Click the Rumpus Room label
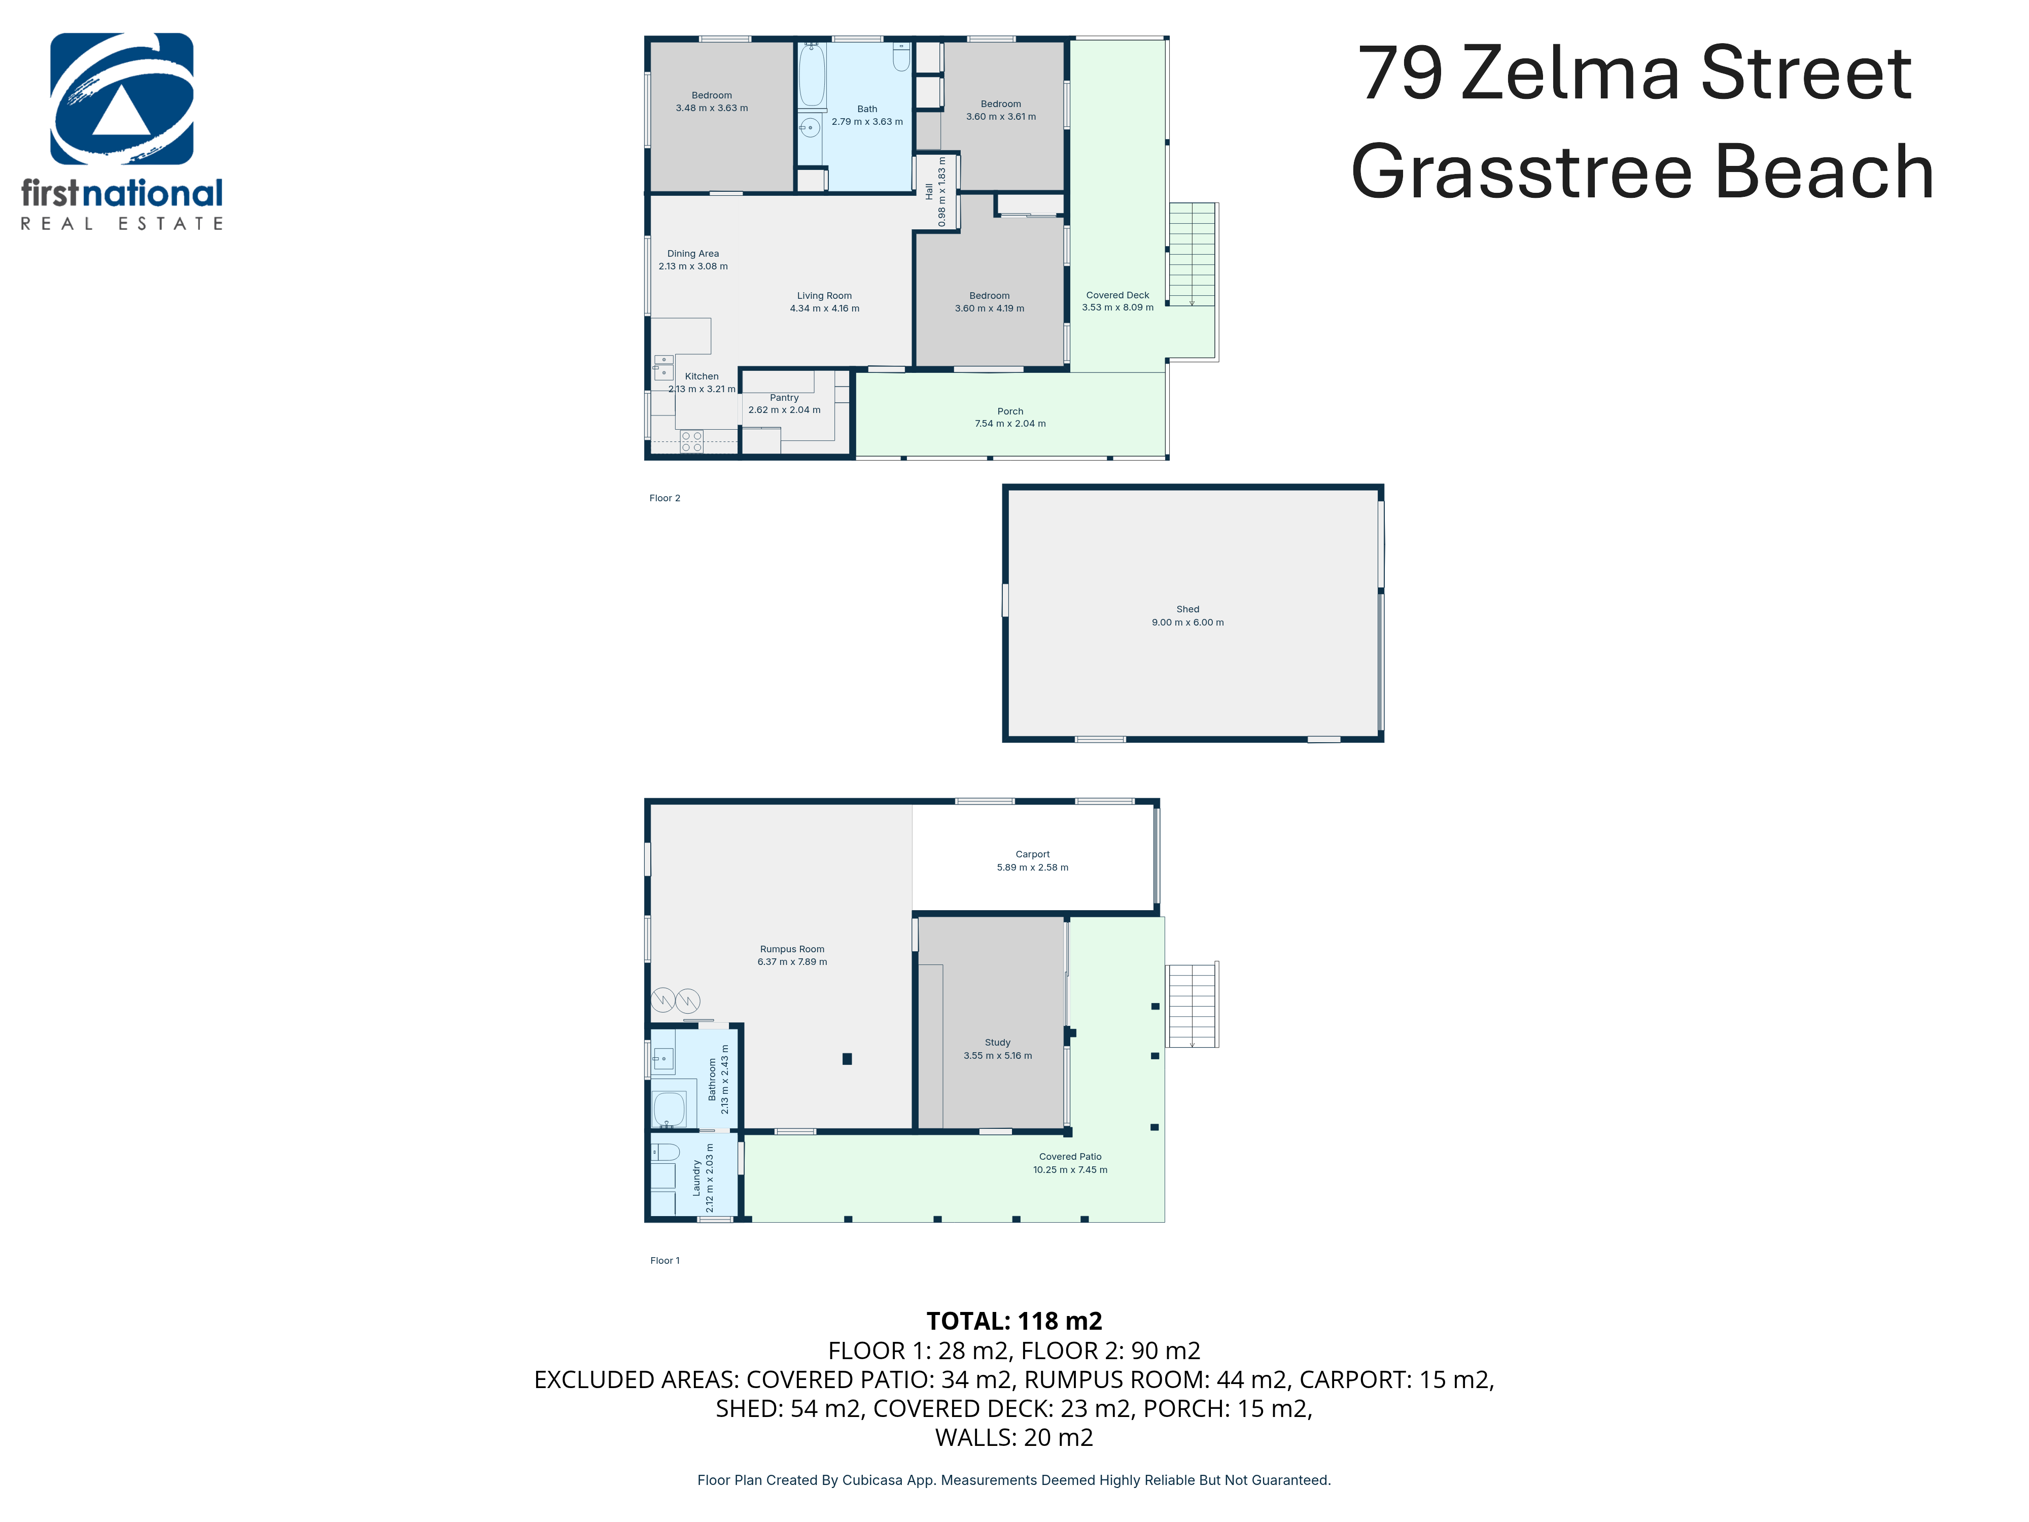[792, 950]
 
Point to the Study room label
[997, 1042]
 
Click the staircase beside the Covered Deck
[1192, 254]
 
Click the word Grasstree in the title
[1521, 172]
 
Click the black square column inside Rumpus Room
[847, 1059]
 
